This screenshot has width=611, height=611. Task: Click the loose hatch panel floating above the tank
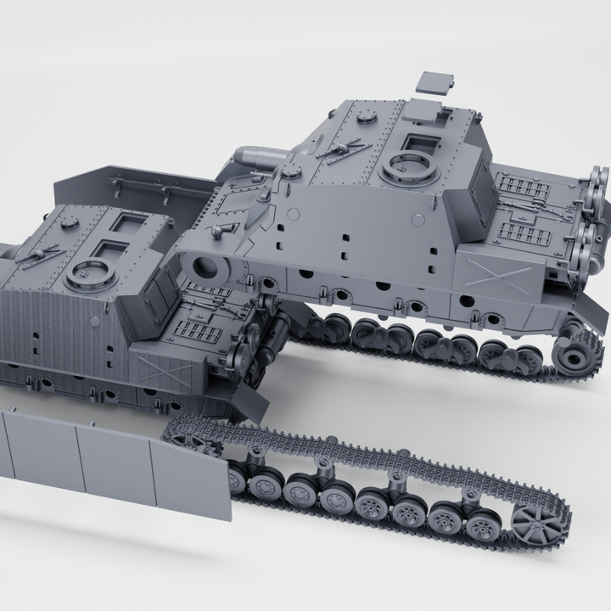pos(434,83)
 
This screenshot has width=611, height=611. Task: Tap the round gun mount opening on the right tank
pos(206,268)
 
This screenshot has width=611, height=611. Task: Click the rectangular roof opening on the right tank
pos(418,143)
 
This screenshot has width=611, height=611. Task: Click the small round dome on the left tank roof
pos(68,222)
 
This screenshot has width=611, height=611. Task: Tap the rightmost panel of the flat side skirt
pos(191,481)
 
